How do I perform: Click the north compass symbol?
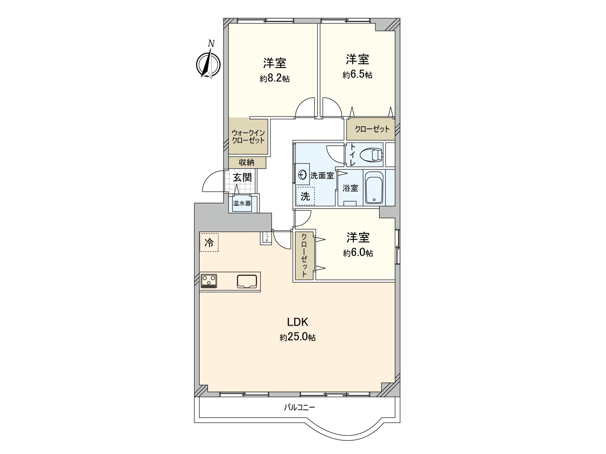tap(208, 64)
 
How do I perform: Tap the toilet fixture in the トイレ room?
tap(371, 154)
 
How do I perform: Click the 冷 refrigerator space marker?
tap(209, 242)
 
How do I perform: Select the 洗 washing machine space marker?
tap(305, 196)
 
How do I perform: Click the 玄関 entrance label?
tap(242, 177)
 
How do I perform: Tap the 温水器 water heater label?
tap(242, 204)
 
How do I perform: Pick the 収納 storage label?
tap(247, 162)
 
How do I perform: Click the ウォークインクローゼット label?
tap(248, 137)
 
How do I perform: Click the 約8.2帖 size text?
tap(275, 79)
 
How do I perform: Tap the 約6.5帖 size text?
tap(357, 75)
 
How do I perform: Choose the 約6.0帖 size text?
tap(358, 253)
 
